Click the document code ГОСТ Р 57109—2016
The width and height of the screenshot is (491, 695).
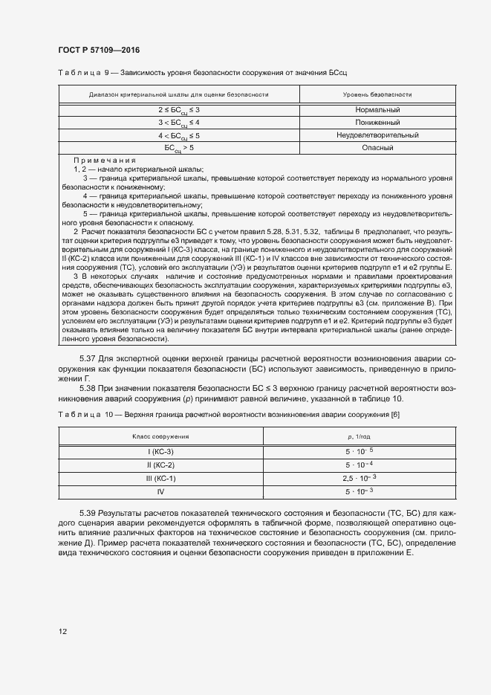[99, 50]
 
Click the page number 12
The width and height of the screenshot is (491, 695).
[63, 631]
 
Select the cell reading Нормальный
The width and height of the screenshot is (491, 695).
[377, 110]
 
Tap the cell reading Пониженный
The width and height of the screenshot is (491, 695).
[377, 123]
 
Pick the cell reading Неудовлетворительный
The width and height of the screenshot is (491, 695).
[377, 135]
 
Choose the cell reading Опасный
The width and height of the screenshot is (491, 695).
[377, 148]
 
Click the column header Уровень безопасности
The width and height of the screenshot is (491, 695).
[377, 94]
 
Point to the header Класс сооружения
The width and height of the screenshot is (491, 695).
[160, 436]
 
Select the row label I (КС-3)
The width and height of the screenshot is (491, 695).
[160, 451]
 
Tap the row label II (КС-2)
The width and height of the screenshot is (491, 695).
[160, 465]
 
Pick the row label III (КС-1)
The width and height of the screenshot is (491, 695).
[160, 478]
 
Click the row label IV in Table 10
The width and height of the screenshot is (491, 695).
[160, 491]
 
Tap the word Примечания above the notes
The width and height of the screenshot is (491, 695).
[104, 161]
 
